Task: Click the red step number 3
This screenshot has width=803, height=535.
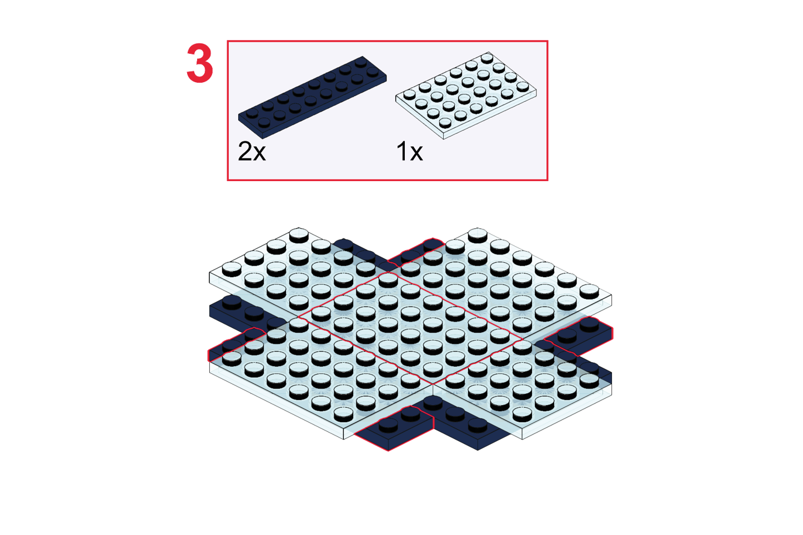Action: (x=200, y=63)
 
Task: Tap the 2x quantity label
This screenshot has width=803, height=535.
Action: (x=252, y=151)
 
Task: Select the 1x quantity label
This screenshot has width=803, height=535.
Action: (x=409, y=151)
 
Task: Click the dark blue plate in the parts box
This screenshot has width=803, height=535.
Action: (x=312, y=97)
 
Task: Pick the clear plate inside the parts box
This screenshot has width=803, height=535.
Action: (x=466, y=96)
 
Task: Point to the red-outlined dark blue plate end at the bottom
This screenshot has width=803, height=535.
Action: (x=394, y=428)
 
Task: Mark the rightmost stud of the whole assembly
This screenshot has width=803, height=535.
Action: (x=589, y=291)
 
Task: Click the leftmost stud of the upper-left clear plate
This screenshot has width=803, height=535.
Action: (x=232, y=269)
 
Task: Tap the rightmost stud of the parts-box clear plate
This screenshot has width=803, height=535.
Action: (x=523, y=87)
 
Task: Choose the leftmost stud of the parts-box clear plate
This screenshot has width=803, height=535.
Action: (x=409, y=94)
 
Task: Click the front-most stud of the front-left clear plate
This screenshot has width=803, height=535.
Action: (x=343, y=414)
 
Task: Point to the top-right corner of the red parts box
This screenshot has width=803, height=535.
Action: (x=548, y=41)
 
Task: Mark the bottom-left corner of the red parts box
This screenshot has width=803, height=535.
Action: (x=228, y=179)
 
